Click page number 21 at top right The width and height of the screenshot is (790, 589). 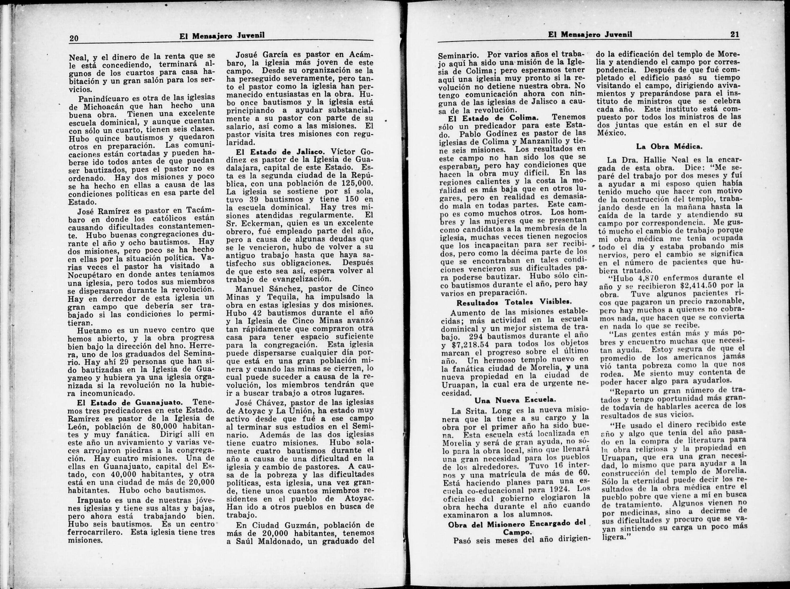click(x=735, y=35)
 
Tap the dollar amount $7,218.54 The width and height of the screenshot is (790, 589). click(x=469, y=343)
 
